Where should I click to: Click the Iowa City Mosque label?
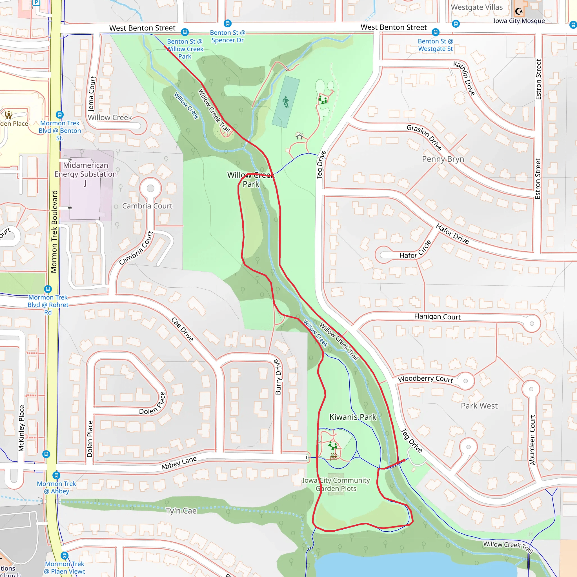519,21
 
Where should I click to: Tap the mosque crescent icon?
519,11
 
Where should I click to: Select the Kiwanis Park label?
353,417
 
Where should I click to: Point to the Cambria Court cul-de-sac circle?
150,188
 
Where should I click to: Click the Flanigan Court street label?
437,317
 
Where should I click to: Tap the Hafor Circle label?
416,250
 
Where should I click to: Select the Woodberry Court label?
425,379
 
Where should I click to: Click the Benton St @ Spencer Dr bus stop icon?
228,24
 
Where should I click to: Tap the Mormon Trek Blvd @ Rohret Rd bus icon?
48,289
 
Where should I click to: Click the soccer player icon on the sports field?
286,102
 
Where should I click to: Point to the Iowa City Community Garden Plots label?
336,484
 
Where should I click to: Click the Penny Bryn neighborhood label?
443,159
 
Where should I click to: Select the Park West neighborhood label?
479,406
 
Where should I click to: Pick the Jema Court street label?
92,94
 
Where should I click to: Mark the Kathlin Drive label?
464,78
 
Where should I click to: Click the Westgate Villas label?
477,8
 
